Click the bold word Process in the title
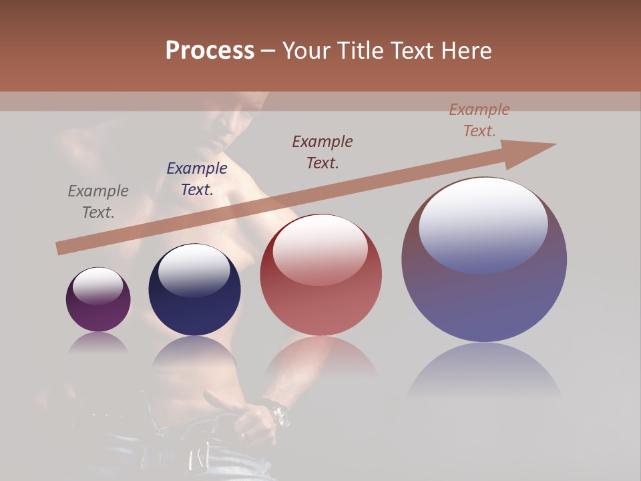pos(210,51)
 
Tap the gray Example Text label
pos(98,202)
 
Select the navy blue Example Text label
pos(197,179)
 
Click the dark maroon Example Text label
pos(323,152)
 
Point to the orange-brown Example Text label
pos(479,120)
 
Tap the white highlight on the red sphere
pos(320,249)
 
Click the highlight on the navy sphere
pos(194,271)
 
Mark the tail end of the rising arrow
pos(60,249)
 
